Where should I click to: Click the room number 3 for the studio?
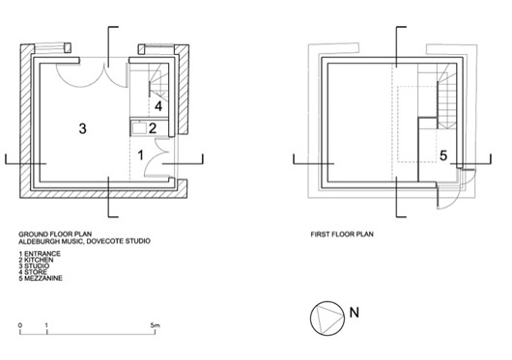tap(83, 128)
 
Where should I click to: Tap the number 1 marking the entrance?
tap(141, 155)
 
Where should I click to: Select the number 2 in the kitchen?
tap(153, 128)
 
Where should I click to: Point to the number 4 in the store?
tap(158, 106)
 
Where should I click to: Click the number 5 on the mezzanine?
tap(443, 155)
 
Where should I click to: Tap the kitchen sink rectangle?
tap(139, 127)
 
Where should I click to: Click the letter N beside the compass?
tap(355, 313)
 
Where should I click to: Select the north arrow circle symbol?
tap(327, 318)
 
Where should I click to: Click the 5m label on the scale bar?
tap(156, 325)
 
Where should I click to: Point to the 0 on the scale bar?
tap(20, 325)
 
